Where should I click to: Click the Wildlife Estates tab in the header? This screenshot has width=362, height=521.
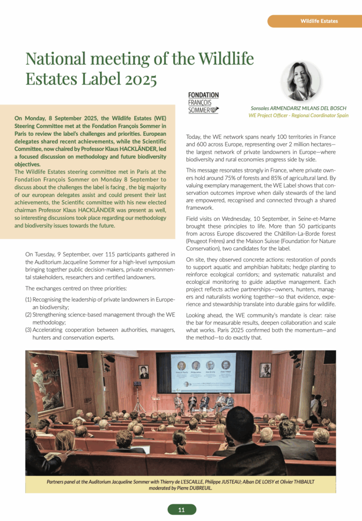point(319,21)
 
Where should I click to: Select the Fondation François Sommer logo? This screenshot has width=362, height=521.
point(203,103)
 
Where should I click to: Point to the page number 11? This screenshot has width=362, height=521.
point(182,509)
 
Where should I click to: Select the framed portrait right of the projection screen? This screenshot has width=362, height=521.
point(265,370)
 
